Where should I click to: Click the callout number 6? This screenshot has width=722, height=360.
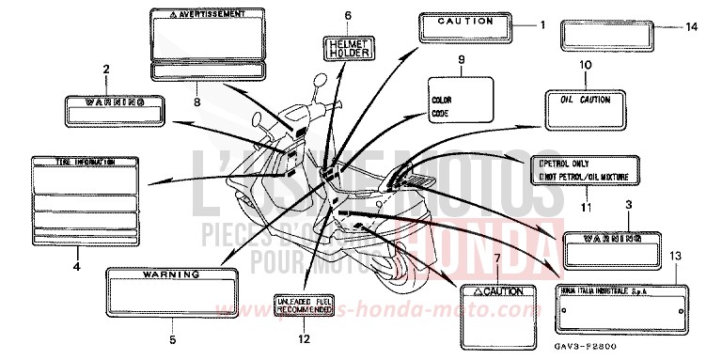[x=347, y=16]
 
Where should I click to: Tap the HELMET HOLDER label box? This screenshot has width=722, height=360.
[x=347, y=47]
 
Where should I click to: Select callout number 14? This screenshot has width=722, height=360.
[x=692, y=27]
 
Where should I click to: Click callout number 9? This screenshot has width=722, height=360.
[x=461, y=60]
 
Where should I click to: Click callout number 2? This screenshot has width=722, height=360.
[x=106, y=69]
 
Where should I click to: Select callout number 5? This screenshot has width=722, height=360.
[x=172, y=339]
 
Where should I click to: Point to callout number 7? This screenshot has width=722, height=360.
[x=499, y=257]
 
